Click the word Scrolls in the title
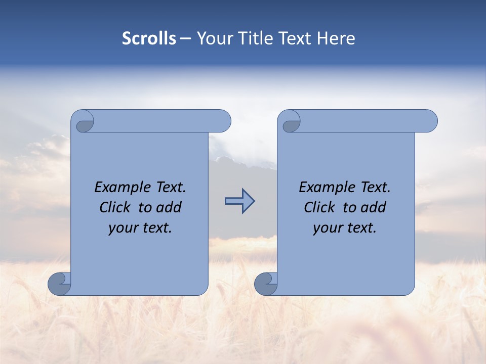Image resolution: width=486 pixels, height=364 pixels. (x=149, y=38)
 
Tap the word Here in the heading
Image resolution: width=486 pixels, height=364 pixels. (x=336, y=38)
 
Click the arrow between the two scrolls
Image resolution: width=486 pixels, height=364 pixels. (x=239, y=201)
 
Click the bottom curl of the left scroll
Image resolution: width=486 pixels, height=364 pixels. (x=59, y=284)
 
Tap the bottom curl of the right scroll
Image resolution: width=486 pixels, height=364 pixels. (x=266, y=284)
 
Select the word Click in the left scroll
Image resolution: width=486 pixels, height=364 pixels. (x=116, y=207)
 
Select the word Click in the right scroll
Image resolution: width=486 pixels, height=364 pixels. (x=320, y=207)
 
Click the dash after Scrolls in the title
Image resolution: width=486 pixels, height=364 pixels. (x=186, y=38)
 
